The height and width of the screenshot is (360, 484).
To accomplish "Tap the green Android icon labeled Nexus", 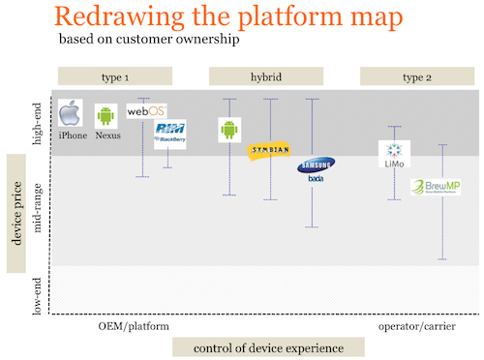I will [x=106, y=117].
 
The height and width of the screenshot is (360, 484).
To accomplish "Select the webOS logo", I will [x=146, y=112].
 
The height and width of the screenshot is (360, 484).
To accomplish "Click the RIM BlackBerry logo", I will [x=170, y=135].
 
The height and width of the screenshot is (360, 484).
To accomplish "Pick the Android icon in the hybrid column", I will [x=229, y=130].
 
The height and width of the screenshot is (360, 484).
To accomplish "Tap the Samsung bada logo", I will [x=317, y=169].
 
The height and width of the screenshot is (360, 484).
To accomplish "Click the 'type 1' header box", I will [x=115, y=75].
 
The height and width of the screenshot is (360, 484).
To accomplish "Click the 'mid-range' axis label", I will [x=38, y=210].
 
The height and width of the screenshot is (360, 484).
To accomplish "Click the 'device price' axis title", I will [x=16, y=212].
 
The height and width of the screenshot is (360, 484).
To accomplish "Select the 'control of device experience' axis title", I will [x=268, y=347].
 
